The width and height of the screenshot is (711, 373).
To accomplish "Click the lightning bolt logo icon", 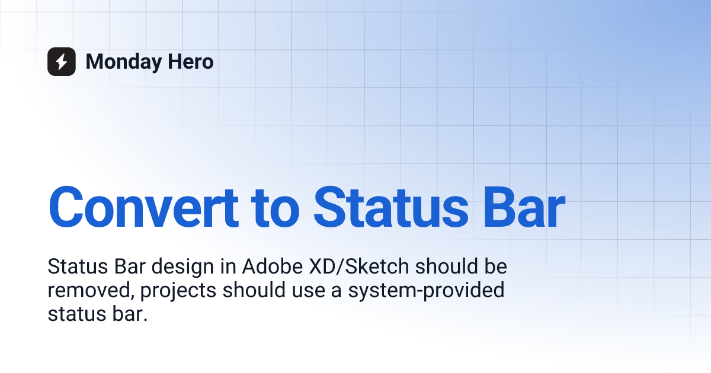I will click(62, 62).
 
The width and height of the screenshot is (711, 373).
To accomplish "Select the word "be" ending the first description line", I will click(496, 267).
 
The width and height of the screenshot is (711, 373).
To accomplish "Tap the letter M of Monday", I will click(95, 62).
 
